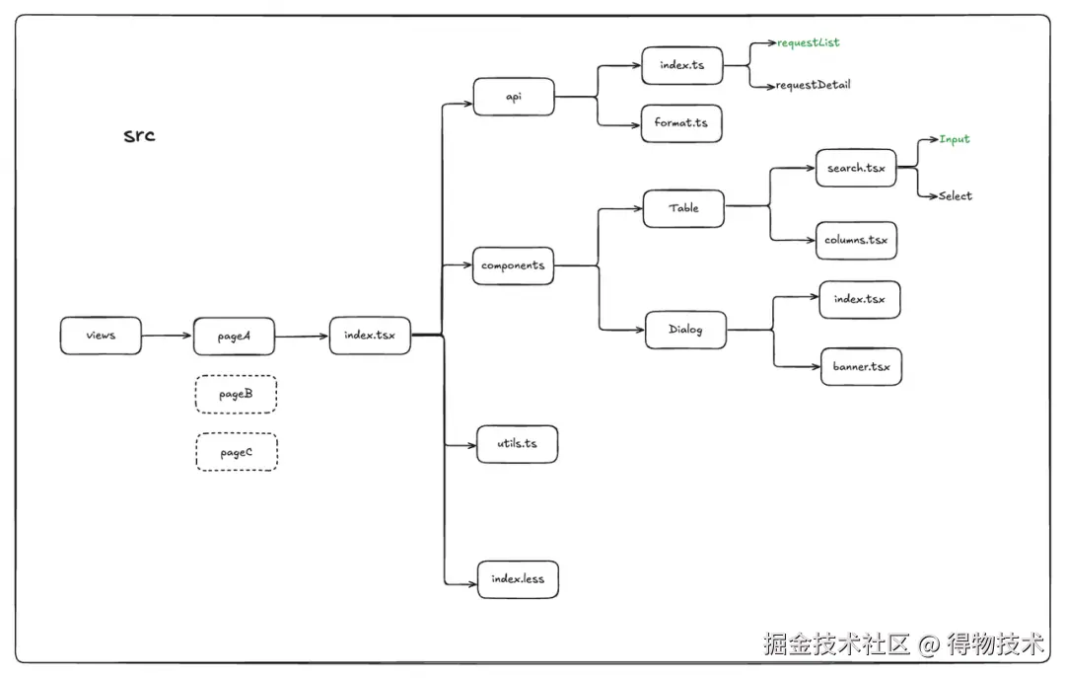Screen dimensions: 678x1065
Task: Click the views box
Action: click(101, 336)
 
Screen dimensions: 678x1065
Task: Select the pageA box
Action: click(234, 337)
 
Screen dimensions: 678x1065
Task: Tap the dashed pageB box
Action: click(236, 394)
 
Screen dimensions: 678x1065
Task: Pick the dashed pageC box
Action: click(236, 452)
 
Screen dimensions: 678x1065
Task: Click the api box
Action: click(513, 97)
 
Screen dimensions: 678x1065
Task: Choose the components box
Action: click(513, 265)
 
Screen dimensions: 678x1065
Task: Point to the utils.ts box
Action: click(517, 444)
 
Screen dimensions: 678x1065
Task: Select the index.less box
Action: click(518, 579)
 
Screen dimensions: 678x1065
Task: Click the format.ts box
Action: click(680, 123)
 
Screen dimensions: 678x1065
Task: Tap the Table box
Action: click(683, 208)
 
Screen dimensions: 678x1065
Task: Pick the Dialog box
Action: click(685, 330)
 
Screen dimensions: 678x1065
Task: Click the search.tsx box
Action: click(856, 168)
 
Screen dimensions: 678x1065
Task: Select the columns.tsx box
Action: click(856, 240)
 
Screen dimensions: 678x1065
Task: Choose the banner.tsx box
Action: click(860, 367)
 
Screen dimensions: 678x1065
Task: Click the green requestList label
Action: click(808, 43)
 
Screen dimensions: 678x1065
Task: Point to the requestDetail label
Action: click(813, 85)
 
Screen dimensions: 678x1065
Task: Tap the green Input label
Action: click(954, 139)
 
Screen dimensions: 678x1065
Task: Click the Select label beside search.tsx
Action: click(955, 196)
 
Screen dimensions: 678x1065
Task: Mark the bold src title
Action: click(139, 135)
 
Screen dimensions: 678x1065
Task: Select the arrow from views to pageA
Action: click(167, 337)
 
